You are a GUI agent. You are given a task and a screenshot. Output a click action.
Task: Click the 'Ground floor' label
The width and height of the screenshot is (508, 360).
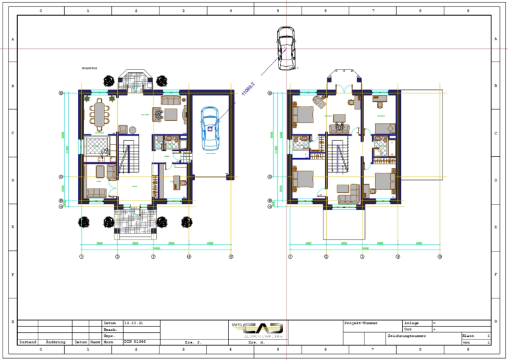(x=89, y=68)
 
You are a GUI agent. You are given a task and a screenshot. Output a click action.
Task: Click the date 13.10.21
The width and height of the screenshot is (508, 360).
(x=133, y=323)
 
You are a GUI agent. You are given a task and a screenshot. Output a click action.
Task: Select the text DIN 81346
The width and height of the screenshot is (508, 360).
(x=133, y=341)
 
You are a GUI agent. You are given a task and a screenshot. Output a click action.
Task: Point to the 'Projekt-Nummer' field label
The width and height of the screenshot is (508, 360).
(x=360, y=323)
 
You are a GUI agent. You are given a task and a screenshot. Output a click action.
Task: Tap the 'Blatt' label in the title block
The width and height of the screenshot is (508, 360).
(x=467, y=336)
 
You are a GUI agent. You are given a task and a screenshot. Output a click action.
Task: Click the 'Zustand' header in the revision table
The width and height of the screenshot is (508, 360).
(x=27, y=341)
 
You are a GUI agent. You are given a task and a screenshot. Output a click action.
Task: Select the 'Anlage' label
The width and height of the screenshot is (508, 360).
(x=411, y=323)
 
